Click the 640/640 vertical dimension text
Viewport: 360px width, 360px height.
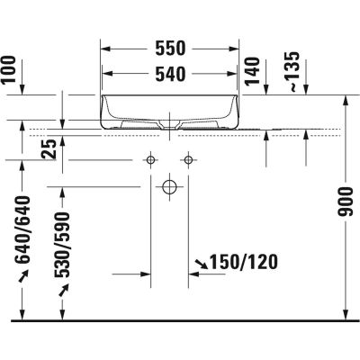(x=24, y=229)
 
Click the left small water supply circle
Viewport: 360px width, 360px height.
(x=149, y=159)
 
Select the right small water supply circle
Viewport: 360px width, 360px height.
(x=188, y=159)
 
